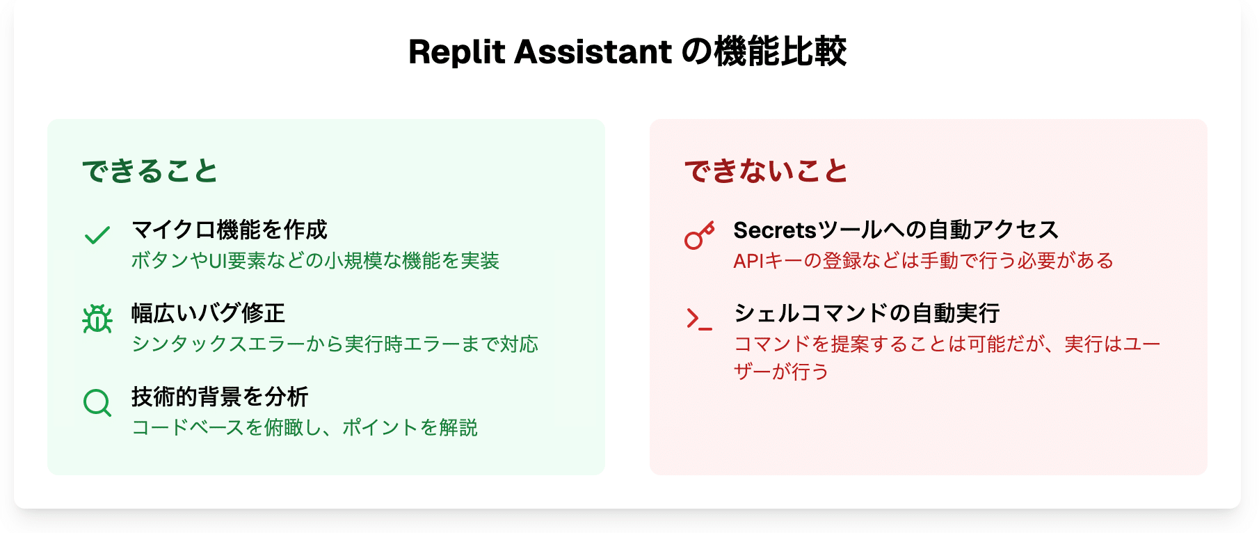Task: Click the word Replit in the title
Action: (456, 52)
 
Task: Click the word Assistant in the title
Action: (593, 52)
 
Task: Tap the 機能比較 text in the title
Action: (780, 52)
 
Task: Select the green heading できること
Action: (150, 171)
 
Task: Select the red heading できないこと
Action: (767, 171)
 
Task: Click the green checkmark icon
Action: (97, 235)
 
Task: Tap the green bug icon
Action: (97, 319)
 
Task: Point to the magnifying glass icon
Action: (97, 402)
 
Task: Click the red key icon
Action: (699, 235)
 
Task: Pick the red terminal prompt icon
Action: (699, 319)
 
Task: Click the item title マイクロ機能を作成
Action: (230, 230)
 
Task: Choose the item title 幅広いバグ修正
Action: (209, 313)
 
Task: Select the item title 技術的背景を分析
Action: (220, 397)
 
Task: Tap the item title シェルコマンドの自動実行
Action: (867, 313)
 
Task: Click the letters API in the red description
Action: (749, 261)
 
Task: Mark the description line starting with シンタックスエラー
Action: (335, 344)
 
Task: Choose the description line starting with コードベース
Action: (305, 428)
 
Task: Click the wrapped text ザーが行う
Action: (781, 372)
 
